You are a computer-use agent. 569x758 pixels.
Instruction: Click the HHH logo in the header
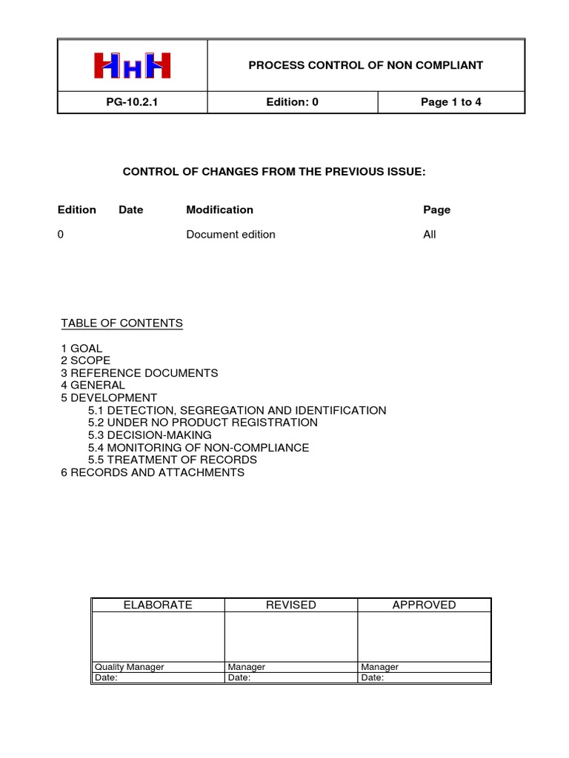click(133, 65)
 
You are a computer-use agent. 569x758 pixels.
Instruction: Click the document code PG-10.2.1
click(132, 102)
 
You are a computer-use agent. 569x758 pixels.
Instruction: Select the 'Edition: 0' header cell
click(292, 102)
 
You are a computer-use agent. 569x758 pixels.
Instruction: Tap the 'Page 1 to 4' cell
click(450, 102)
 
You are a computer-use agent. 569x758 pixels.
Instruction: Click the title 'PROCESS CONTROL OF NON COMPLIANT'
click(365, 65)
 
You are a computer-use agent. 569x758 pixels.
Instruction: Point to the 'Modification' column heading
click(219, 209)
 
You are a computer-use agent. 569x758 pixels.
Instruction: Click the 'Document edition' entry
click(230, 235)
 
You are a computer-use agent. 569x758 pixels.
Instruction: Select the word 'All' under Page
click(430, 235)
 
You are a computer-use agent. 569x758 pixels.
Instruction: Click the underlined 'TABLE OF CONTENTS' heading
click(122, 323)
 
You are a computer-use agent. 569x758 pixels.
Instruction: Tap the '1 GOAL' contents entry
click(81, 348)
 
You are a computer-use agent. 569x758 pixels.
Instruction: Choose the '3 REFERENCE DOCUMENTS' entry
click(139, 373)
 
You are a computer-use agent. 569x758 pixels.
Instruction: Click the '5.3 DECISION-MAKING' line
click(150, 435)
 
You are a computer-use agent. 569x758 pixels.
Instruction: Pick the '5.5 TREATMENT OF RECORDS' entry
click(172, 460)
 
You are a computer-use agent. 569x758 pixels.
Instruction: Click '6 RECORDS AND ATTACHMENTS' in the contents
click(153, 472)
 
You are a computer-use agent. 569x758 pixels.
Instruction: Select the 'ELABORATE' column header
click(157, 605)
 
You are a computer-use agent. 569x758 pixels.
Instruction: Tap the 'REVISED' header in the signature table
click(291, 605)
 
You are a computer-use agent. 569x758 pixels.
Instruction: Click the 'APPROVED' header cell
click(424, 605)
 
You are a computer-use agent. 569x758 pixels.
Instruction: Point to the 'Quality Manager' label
click(129, 667)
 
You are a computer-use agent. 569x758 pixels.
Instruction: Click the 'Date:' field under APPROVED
click(372, 677)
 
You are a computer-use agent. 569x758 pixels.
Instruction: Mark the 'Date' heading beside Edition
click(131, 209)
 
